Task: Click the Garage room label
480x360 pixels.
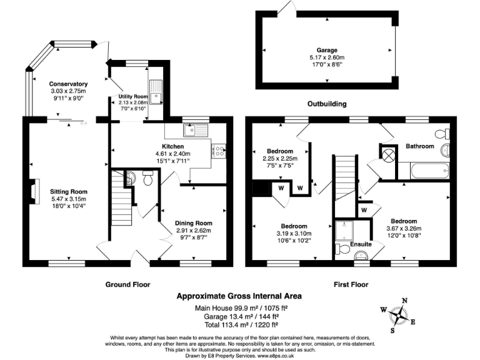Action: (x=326, y=50)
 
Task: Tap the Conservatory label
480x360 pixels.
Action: (x=68, y=84)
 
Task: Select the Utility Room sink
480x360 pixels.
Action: (x=156, y=92)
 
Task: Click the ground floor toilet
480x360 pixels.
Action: (x=147, y=179)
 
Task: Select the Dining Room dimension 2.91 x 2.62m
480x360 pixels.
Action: (x=193, y=230)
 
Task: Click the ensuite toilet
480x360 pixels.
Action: (x=342, y=250)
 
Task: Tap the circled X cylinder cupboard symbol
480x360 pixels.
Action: (x=388, y=153)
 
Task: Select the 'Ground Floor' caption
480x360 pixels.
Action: (x=127, y=284)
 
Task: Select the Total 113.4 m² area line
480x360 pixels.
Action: (x=239, y=324)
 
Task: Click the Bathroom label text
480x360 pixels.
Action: (x=419, y=146)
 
